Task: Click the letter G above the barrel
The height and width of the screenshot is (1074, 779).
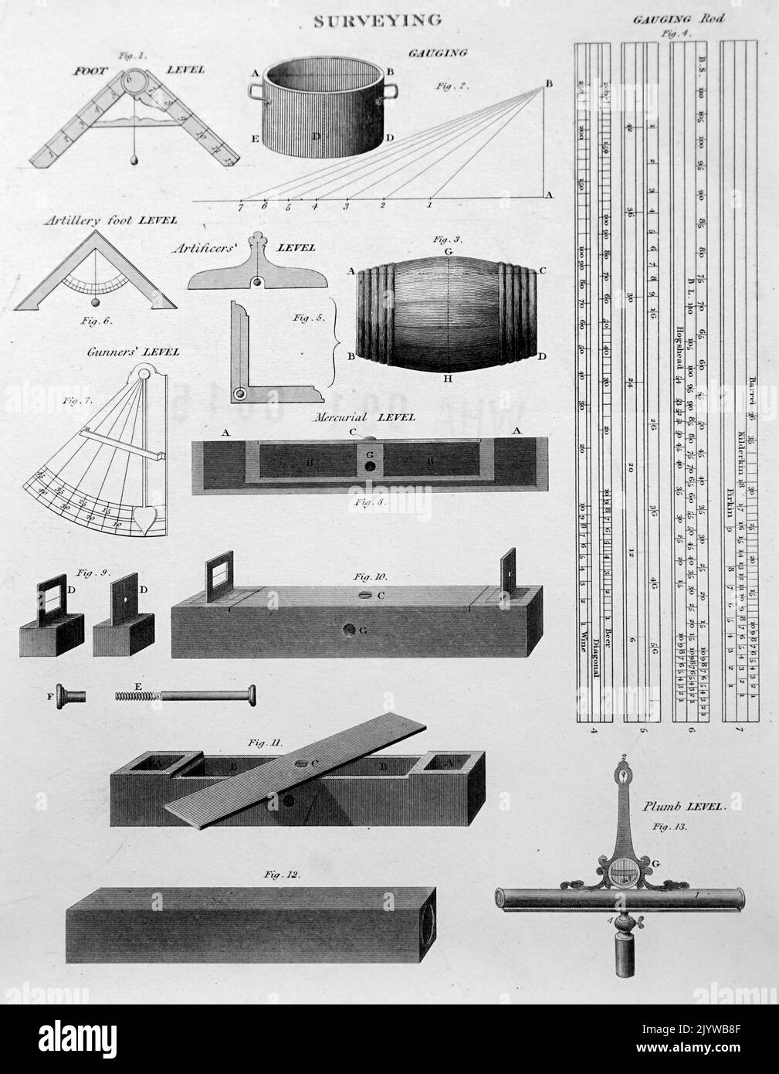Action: (x=448, y=252)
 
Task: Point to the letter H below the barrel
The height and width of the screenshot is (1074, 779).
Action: (x=448, y=379)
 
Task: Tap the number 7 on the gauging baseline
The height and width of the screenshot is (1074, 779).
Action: (x=241, y=207)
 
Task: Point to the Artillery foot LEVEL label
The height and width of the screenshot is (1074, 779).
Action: (x=110, y=220)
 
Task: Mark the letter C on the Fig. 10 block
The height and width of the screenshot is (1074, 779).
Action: (x=380, y=596)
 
